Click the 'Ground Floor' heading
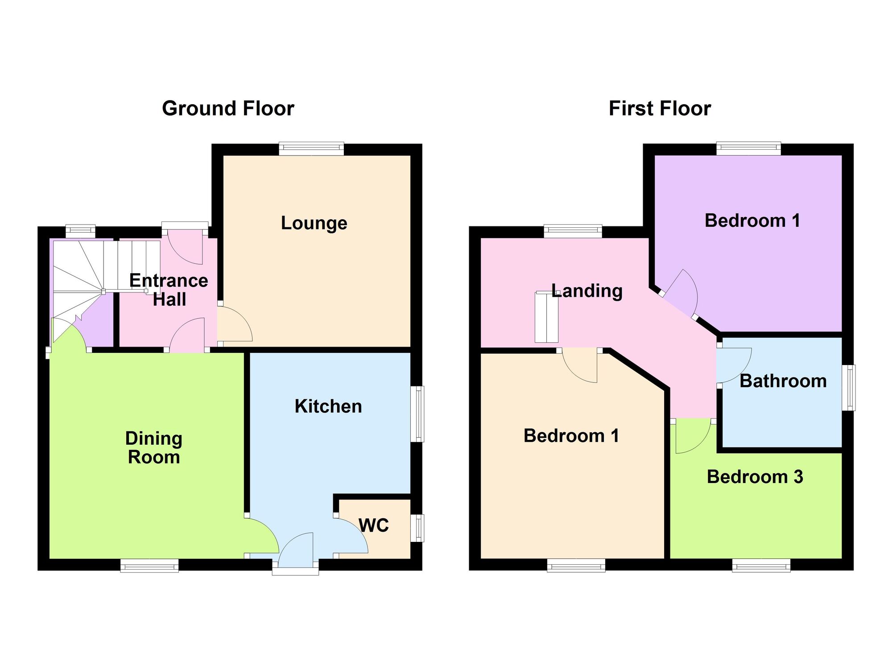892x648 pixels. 228,109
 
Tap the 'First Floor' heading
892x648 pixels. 660,109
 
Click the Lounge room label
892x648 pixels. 314,223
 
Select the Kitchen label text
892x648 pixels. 328,406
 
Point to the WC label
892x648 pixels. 374,526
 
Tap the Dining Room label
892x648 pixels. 154,448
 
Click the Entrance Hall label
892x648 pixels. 169,290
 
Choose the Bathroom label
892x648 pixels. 783,381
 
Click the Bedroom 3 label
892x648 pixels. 755,477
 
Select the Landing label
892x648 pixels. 587,291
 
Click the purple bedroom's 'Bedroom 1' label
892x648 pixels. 752,221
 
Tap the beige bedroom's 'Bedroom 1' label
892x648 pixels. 571,436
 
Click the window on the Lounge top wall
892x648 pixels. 312,148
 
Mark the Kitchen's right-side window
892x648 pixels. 417,414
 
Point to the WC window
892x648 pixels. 417,528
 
